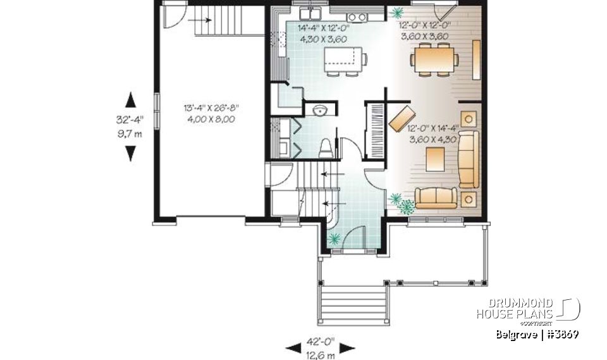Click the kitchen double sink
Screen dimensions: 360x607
pyautogui.click(x=311, y=14)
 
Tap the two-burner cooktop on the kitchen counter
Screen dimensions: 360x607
pyautogui.click(x=356, y=16)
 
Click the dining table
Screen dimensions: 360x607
pyautogui.click(x=434, y=61)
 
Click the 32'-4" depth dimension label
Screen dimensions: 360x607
pyautogui.click(x=131, y=118)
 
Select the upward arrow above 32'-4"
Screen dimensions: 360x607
pyautogui.click(x=131, y=99)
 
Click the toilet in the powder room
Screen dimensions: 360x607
pyautogui.click(x=326, y=149)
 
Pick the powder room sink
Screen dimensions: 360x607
pyautogui.click(x=321, y=111)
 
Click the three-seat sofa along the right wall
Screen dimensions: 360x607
pyautogui.click(x=469, y=158)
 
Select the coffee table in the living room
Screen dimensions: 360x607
pyautogui.click(x=436, y=159)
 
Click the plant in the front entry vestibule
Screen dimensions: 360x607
pyautogui.click(x=333, y=239)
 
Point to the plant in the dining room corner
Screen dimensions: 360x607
pyautogui.click(x=398, y=12)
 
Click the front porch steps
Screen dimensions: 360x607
pyautogui.click(x=353, y=306)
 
